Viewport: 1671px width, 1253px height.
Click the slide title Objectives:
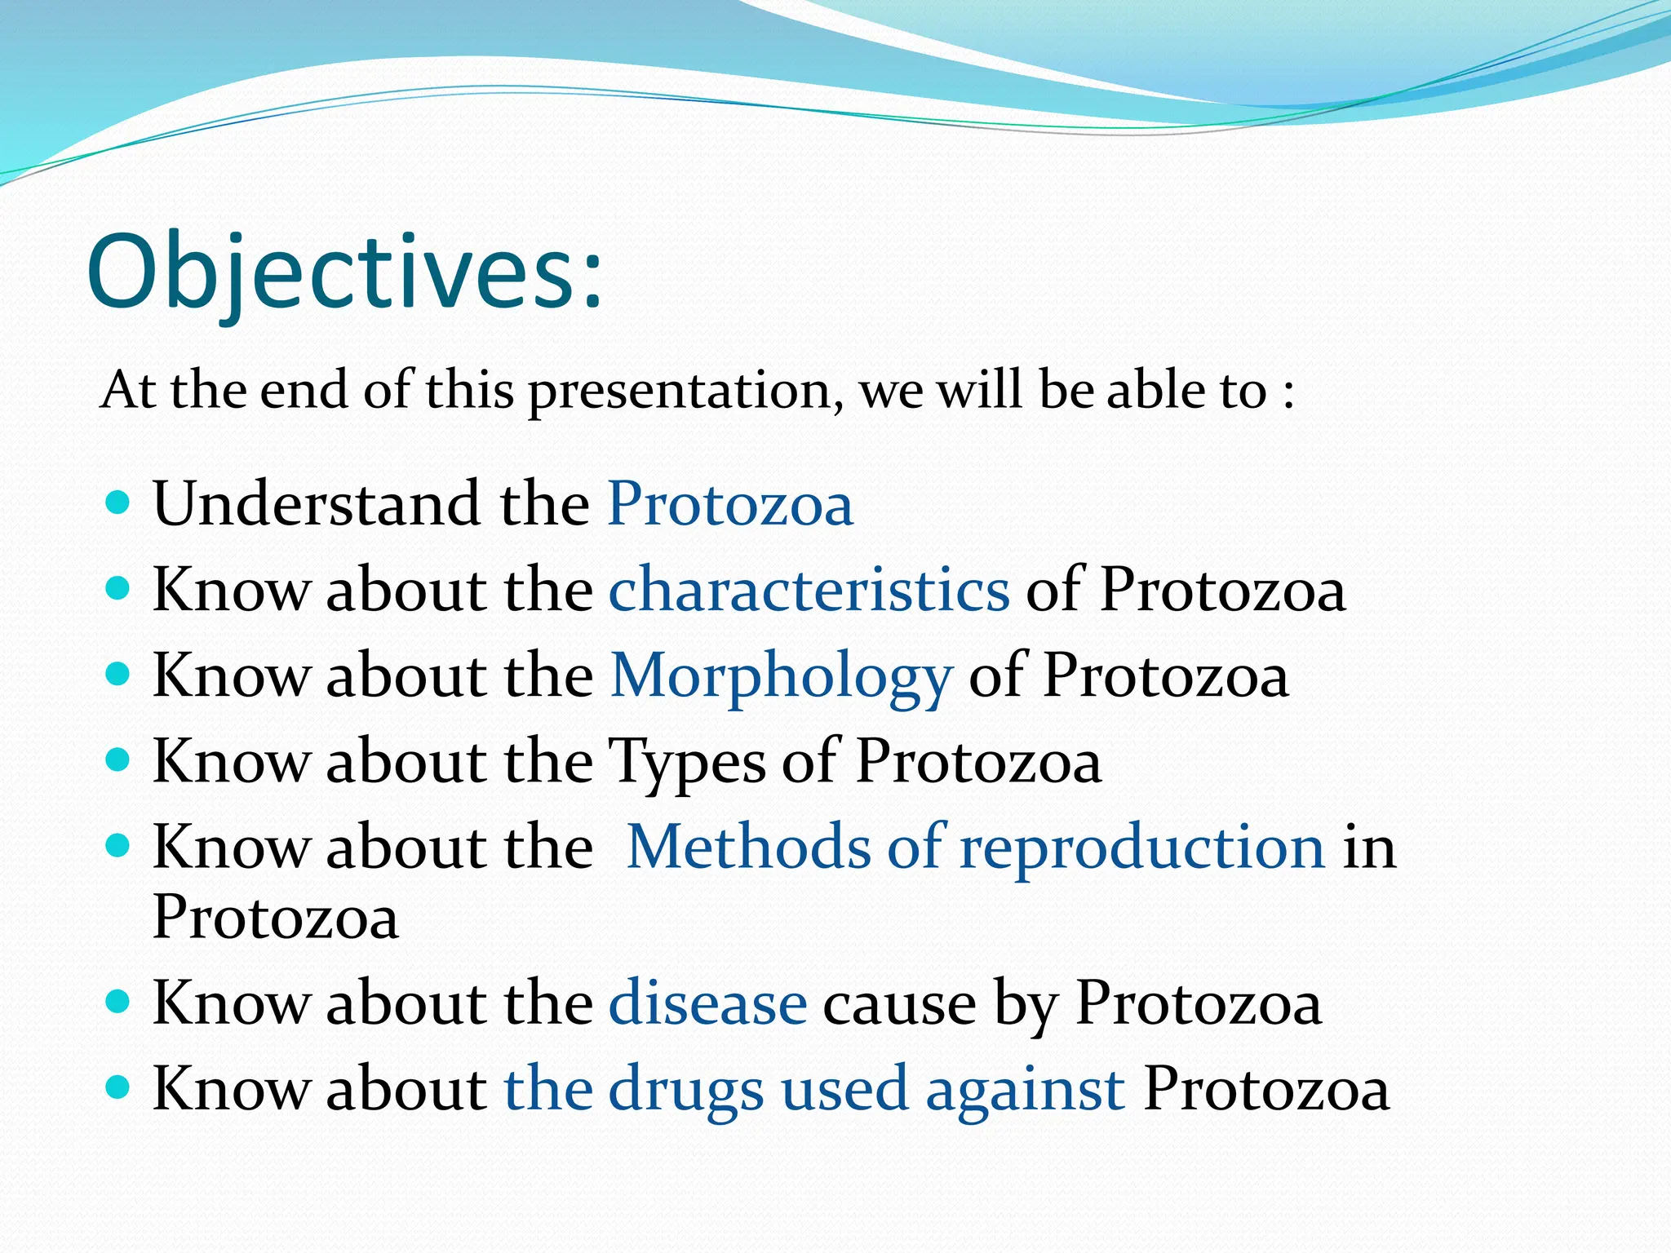[x=344, y=272]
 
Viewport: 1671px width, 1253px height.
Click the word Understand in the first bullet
[x=317, y=503]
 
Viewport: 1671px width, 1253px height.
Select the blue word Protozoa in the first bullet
[x=730, y=503]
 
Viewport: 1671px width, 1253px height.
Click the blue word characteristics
[x=809, y=589]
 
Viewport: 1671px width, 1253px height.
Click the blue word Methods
[x=748, y=847]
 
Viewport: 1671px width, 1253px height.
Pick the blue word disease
[x=707, y=1003]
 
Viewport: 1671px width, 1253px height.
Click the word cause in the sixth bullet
[x=899, y=1004]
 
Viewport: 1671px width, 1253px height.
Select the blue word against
[x=1025, y=1090]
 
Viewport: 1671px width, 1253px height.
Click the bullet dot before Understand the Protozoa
[x=118, y=501]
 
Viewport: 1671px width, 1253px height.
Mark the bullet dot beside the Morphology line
[x=118, y=674]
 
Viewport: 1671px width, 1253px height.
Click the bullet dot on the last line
[x=118, y=1087]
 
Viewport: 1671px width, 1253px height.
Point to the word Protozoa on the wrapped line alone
[x=276, y=917]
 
